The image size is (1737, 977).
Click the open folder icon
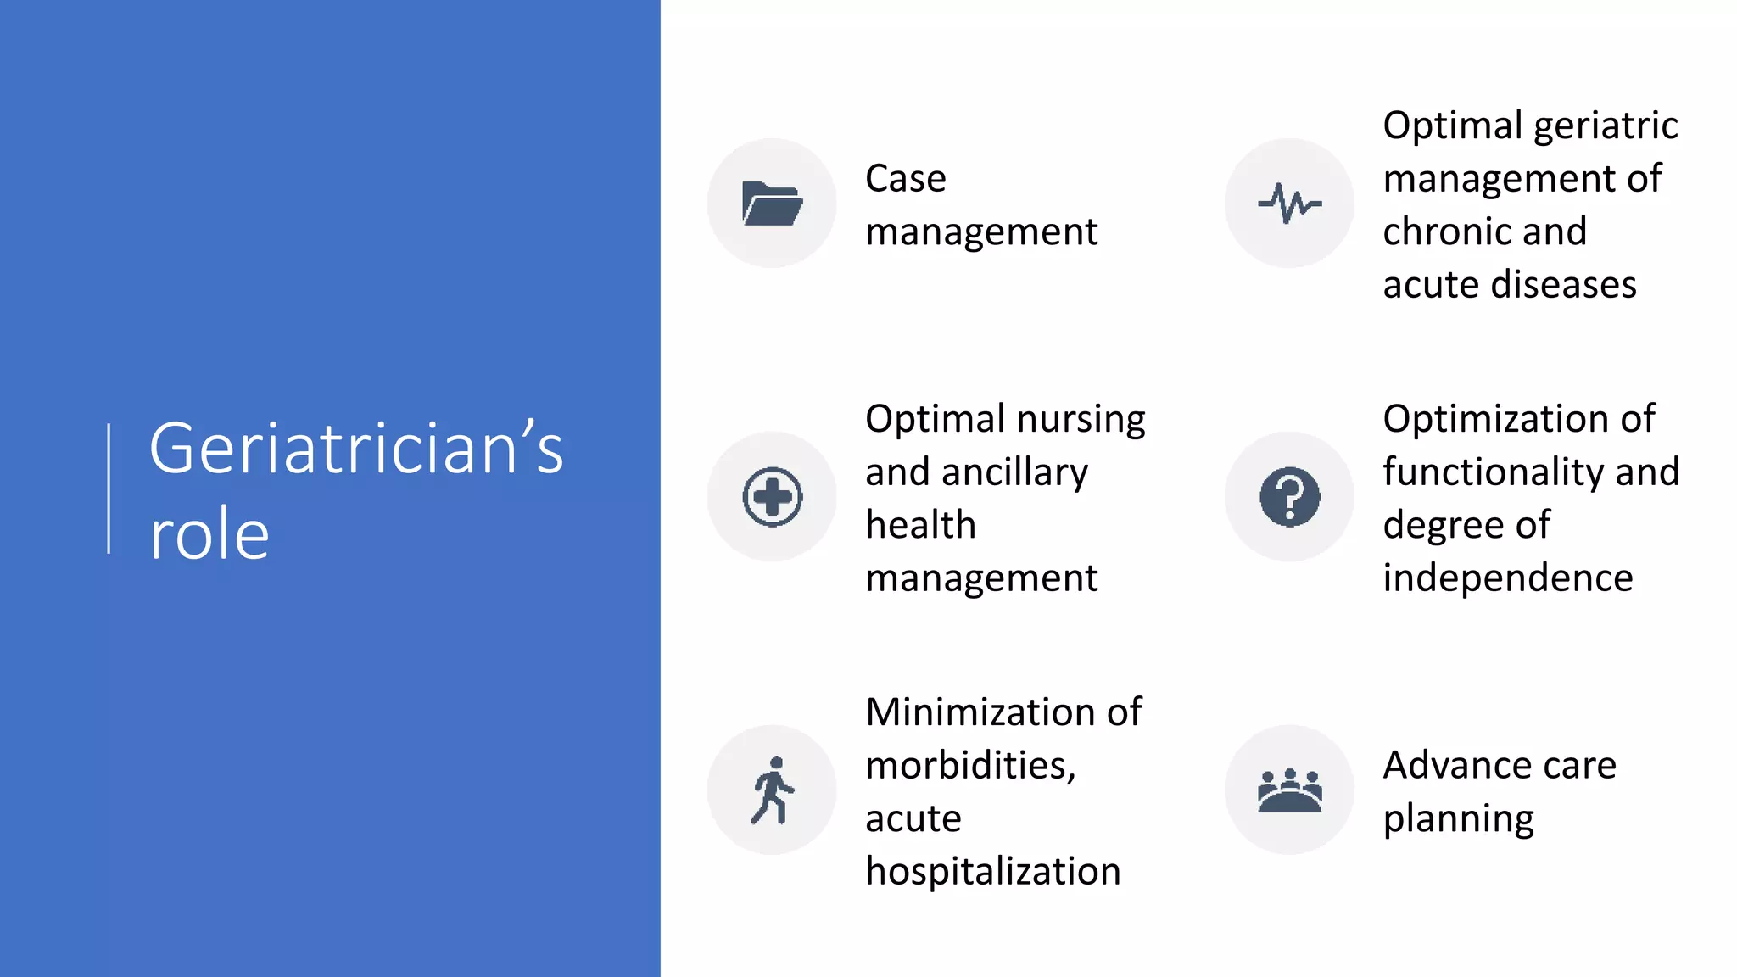772,204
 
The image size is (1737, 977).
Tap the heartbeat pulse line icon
1289,204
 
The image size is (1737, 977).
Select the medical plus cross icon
772,497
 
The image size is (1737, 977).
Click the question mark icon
1289,497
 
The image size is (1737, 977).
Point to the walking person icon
772,790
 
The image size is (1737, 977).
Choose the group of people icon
1289,790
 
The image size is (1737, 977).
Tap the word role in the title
209,534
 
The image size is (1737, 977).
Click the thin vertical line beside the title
109,488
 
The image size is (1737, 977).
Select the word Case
905,179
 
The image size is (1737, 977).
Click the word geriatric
1606,126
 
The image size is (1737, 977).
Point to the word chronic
1484,232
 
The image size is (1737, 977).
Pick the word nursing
1081,420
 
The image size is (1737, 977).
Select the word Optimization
1493,419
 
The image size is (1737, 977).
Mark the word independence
1507,578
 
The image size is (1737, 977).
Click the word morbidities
969,766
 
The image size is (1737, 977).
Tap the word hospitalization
992,872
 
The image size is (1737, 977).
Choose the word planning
1458,819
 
